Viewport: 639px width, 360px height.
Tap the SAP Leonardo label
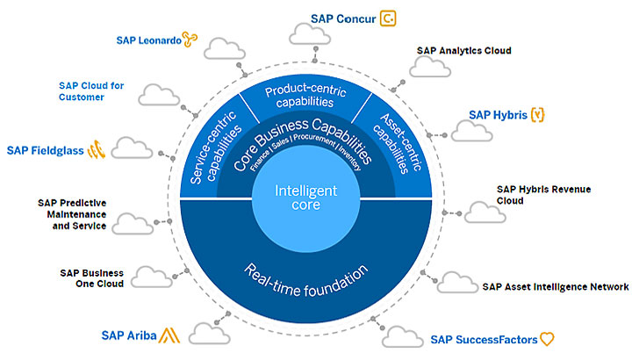coord(148,40)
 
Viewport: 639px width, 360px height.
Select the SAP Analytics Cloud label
coord(463,51)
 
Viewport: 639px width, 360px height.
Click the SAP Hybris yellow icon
coord(538,114)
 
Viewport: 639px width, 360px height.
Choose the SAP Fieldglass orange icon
coord(97,150)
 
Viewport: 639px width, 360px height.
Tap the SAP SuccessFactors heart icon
coord(548,339)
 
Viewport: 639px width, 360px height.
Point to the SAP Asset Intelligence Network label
coord(555,286)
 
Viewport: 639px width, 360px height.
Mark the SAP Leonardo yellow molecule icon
coord(190,38)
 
